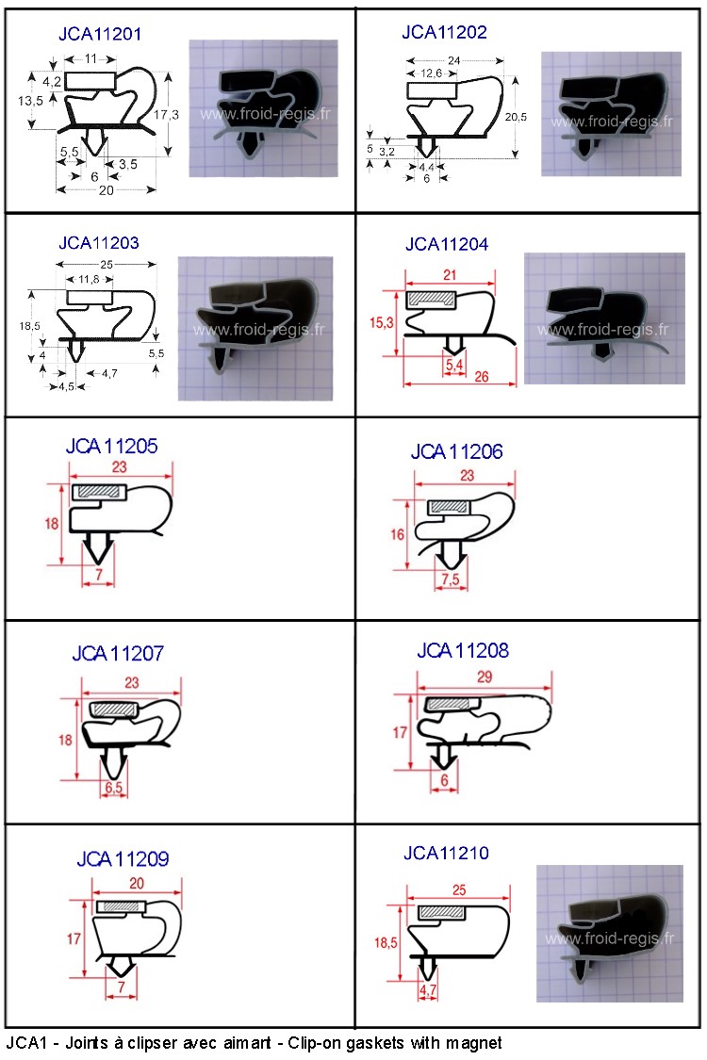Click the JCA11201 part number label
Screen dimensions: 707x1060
(x=100, y=34)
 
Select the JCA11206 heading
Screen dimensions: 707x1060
(x=456, y=451)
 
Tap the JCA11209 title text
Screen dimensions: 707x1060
(x=123, y=859)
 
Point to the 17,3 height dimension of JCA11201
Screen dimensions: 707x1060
(x=167, y=114)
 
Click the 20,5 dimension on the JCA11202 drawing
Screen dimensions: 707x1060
(x=516, y=117)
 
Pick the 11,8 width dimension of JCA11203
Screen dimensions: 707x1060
(x=89, y=279)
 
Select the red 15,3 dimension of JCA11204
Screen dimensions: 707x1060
(x=381, y=323)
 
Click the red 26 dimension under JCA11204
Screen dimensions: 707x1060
(x=481, y=377)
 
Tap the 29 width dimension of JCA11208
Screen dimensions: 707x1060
(x=485, y=677)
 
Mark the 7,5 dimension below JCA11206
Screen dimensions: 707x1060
(x=451, y=579)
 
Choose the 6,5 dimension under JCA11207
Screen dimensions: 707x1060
(x=114, y=787)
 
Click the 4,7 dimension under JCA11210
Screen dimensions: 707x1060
(x=428, y=991)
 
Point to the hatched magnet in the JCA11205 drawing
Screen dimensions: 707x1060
(x=99, y=492)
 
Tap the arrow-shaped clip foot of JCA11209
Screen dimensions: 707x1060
(x=121, y=966)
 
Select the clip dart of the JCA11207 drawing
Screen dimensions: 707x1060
(x=114, y=762)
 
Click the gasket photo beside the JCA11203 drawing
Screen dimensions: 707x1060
(x=255, y=329)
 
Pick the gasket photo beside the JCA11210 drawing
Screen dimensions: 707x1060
(x=610, y=934)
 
